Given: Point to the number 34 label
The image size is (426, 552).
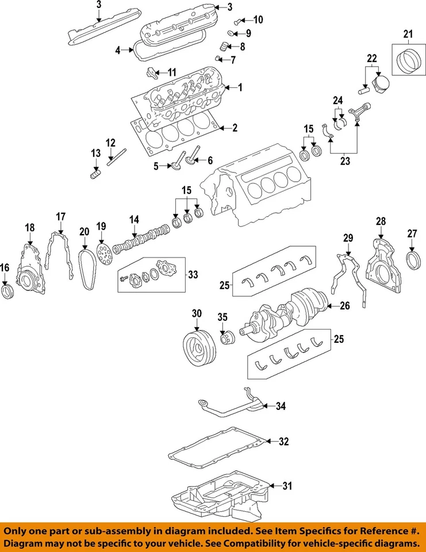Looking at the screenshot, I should (280, 407).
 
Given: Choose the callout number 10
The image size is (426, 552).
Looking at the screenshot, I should (258, 20).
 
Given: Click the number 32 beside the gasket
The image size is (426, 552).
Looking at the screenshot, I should (283, 442).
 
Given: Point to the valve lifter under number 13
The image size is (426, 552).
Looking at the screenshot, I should (95, 172).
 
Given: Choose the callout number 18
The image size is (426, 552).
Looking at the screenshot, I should (30, 228).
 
